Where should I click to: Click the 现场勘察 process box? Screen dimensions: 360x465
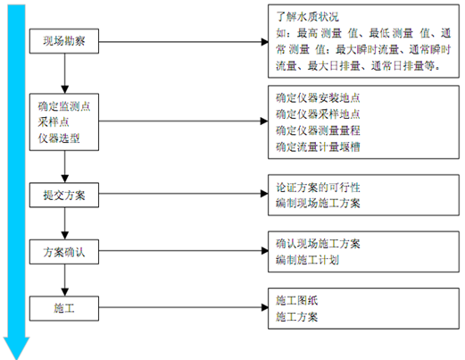64,42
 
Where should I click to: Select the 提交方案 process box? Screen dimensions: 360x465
64,194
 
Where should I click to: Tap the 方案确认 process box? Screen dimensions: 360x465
64,253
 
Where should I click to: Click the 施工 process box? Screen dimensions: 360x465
64,308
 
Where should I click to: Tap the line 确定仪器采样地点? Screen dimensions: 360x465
319,113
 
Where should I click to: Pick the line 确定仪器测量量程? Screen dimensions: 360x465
319,130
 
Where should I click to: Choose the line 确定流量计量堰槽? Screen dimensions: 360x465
319,146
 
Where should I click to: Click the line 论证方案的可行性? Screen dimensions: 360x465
319,189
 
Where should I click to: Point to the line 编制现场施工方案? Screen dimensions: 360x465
319,205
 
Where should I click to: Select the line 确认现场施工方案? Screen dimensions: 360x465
319,244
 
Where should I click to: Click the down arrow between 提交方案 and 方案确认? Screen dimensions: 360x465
64,223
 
